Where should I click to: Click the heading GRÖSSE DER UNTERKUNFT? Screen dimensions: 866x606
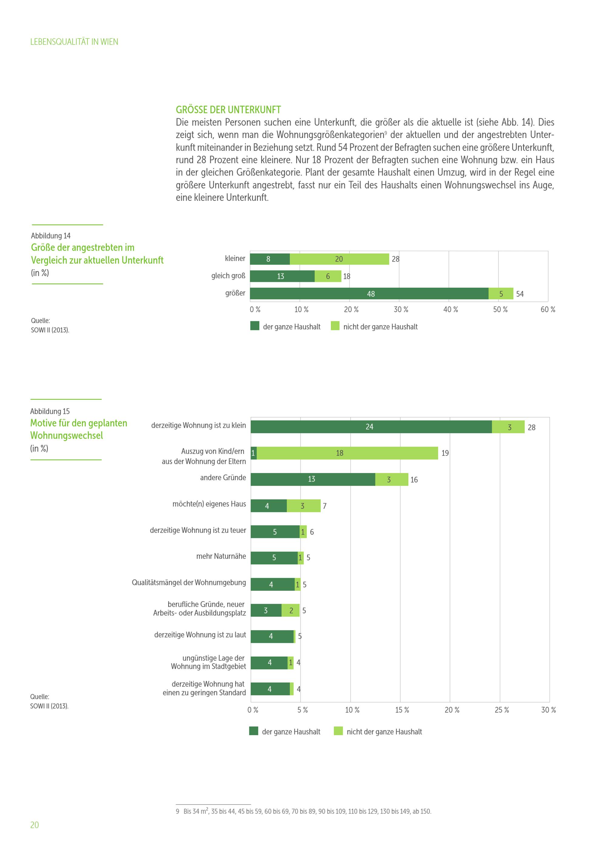pos(228,110)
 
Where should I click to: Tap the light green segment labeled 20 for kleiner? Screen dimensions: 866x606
pos(339,259)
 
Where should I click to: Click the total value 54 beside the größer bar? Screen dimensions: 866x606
pos(520,294)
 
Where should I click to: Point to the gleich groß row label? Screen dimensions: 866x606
pos(228,276)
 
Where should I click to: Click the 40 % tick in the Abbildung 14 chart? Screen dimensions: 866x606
pos(450,309)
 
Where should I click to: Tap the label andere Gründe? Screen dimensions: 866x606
pos(223,478)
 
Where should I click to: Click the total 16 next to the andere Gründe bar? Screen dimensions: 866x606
pos(414,480)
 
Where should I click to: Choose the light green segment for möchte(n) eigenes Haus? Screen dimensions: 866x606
pos(303,506)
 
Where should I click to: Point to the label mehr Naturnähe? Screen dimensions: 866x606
pos(221,556)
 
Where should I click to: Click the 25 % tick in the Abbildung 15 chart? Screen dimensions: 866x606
pos(501,710)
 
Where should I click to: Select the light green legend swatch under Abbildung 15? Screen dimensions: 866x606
pos(338,731)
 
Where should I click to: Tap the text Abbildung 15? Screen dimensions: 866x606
pos(50,411)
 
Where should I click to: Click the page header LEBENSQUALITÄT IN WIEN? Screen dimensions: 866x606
pos(74,42)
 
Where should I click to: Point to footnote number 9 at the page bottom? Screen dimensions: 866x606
pos(177,811)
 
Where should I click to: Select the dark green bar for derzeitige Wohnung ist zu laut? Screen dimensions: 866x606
pos(272,636)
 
